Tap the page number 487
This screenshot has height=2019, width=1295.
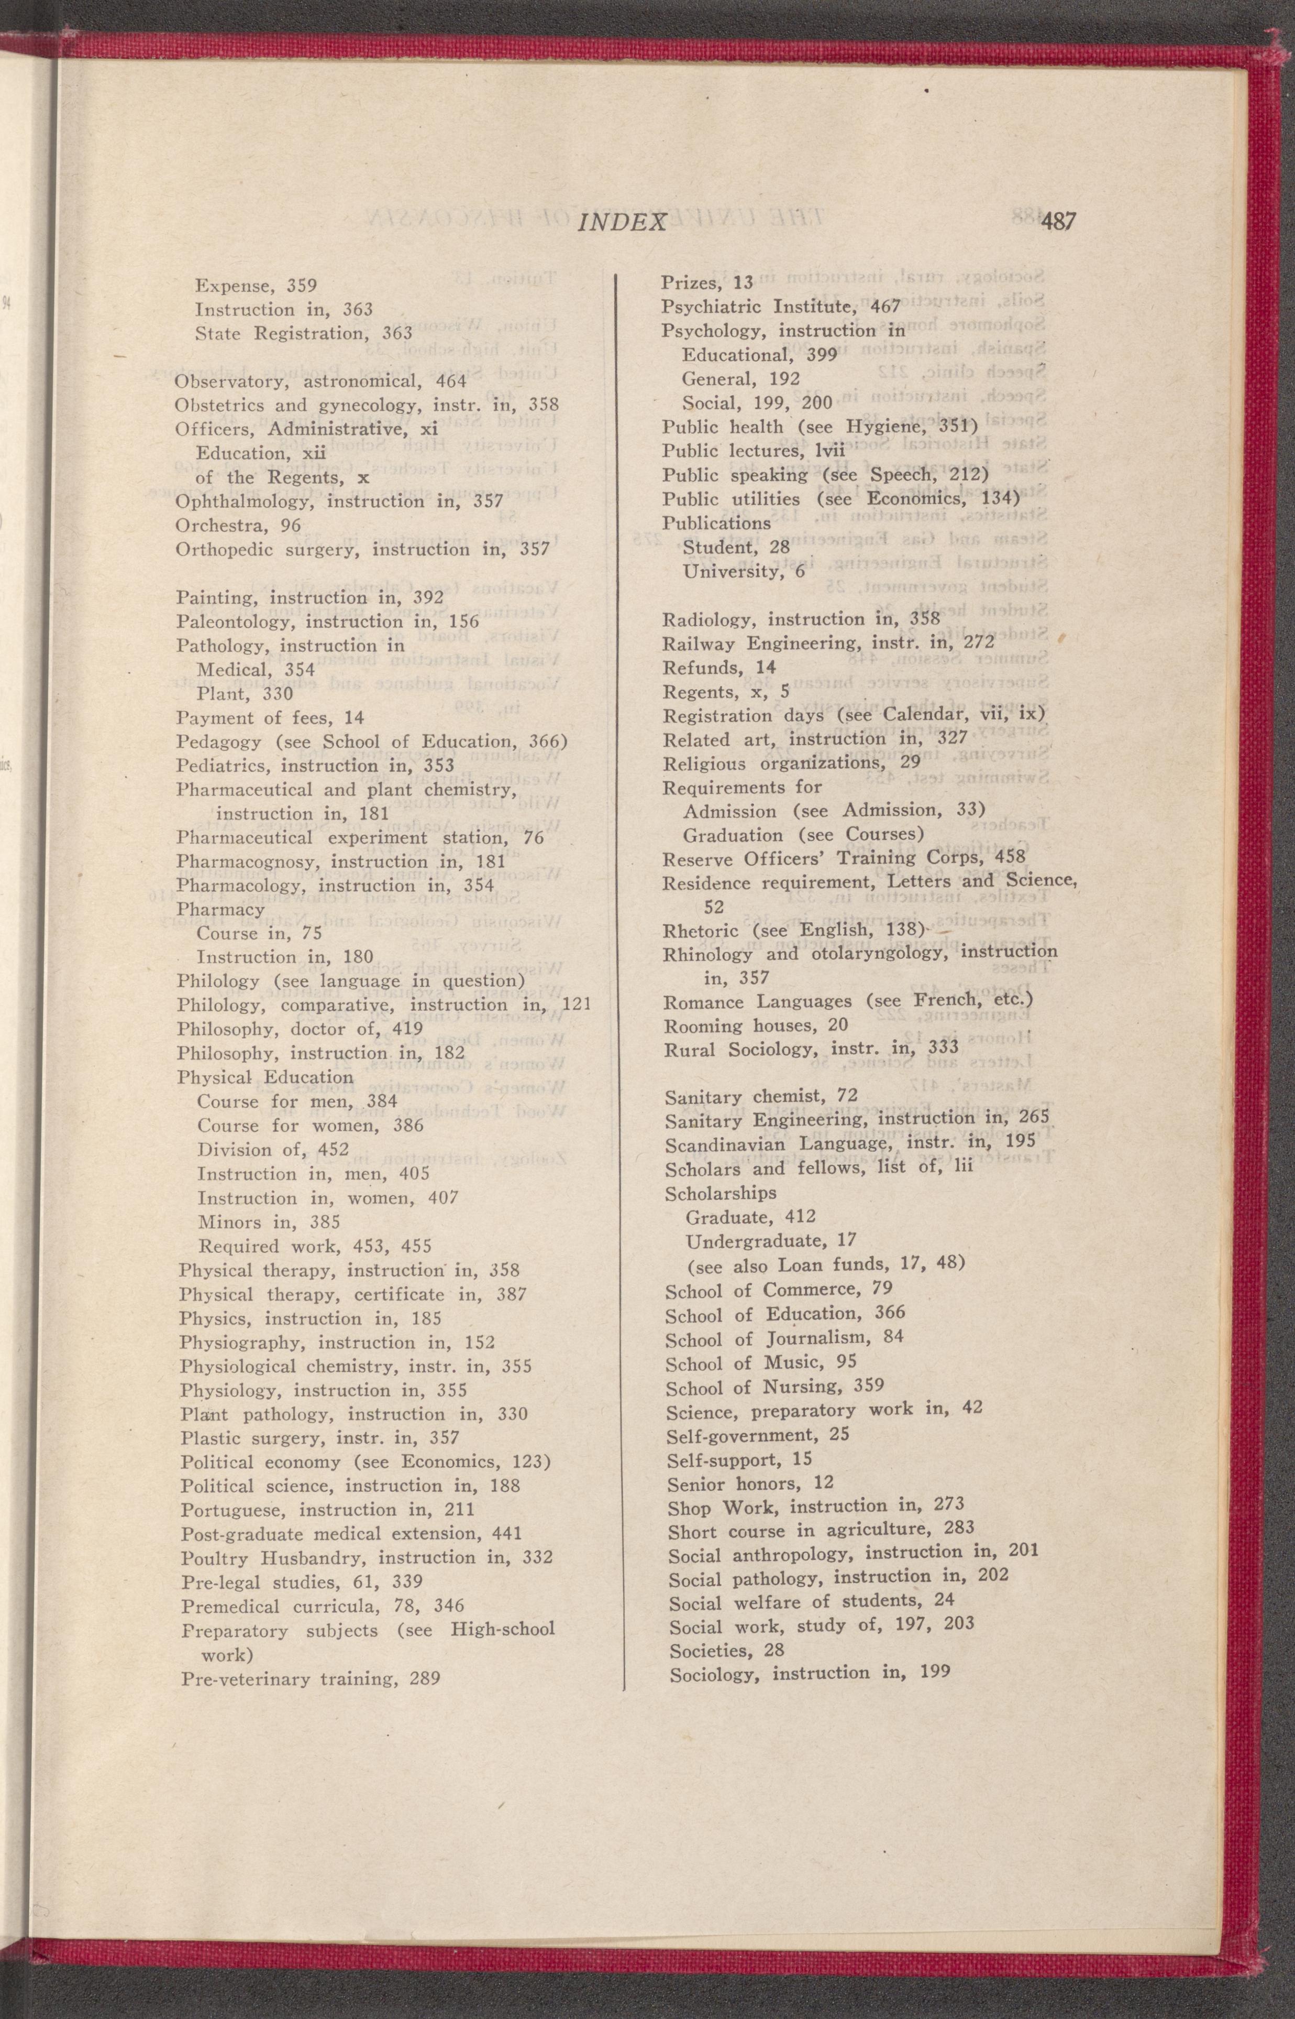pos(1058,221)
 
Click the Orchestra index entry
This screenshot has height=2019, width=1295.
pos(238,526)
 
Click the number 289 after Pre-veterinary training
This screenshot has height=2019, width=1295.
pos(425,1679)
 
